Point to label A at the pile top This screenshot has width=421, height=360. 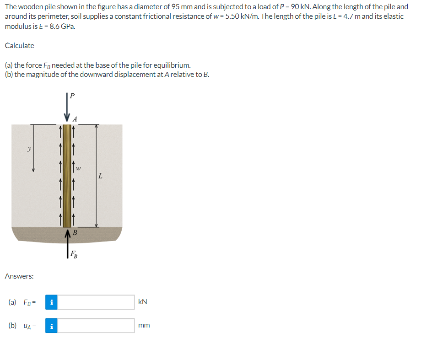(76, 119)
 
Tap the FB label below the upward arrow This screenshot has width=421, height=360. (74, 255)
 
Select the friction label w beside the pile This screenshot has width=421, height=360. (79, 168)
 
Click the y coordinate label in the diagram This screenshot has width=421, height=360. (29, 149)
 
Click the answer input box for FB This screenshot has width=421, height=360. (96, 302)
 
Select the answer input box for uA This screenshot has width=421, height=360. (96, 326)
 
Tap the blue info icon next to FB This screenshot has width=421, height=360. (52, 302)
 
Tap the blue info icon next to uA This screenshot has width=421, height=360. (52, 326)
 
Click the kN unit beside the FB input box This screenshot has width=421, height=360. (143, 302)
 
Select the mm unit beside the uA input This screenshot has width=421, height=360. (144, 326)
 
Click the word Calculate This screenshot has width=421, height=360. (19, 45)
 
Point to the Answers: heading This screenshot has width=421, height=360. (19, 276)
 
